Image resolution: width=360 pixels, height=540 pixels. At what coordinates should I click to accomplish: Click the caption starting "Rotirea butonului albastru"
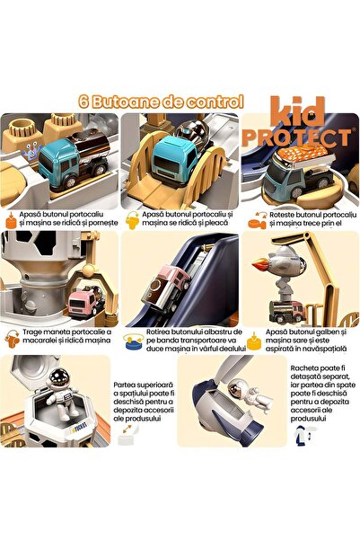pyautogui.click(x=186, y=343)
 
